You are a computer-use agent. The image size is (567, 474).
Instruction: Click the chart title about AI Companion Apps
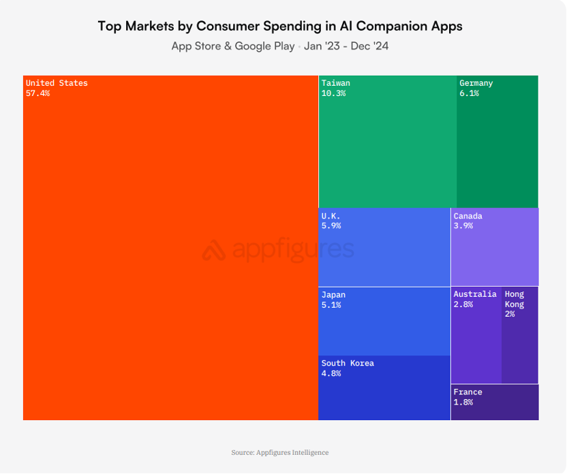coord(280,27)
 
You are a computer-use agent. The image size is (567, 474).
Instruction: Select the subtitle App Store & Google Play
coord(232,46)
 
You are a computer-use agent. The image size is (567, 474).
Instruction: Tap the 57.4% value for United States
coord(37,93)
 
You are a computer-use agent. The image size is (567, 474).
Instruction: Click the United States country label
coord(57,83)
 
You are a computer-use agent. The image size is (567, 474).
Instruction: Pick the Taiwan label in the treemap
coord(335,83)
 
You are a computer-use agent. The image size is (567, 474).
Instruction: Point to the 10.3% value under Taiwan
coord(333,93)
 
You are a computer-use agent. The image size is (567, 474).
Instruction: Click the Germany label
coord(476,83)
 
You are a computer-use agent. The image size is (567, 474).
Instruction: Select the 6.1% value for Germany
coord(469,93)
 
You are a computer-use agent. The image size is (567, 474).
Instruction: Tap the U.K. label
coord(331,216)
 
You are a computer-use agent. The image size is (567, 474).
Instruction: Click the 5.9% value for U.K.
coord(331,225)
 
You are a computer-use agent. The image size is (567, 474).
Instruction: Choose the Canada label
coord(468,216)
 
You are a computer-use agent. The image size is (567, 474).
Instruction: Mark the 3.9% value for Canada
coord(463,225)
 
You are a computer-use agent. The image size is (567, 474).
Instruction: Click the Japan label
coord(333,295)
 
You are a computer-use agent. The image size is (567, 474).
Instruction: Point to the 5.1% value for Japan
coord(331,305)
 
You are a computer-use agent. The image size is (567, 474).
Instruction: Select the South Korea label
coord(348,363)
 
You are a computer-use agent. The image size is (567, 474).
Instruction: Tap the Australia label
coord(475,294)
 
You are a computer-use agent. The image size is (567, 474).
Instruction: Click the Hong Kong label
coord(515,299)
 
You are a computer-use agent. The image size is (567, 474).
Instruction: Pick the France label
coord(468,392)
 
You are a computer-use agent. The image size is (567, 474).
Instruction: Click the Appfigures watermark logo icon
coord(213,251)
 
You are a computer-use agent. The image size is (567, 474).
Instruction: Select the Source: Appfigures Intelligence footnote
coord(280,452)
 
